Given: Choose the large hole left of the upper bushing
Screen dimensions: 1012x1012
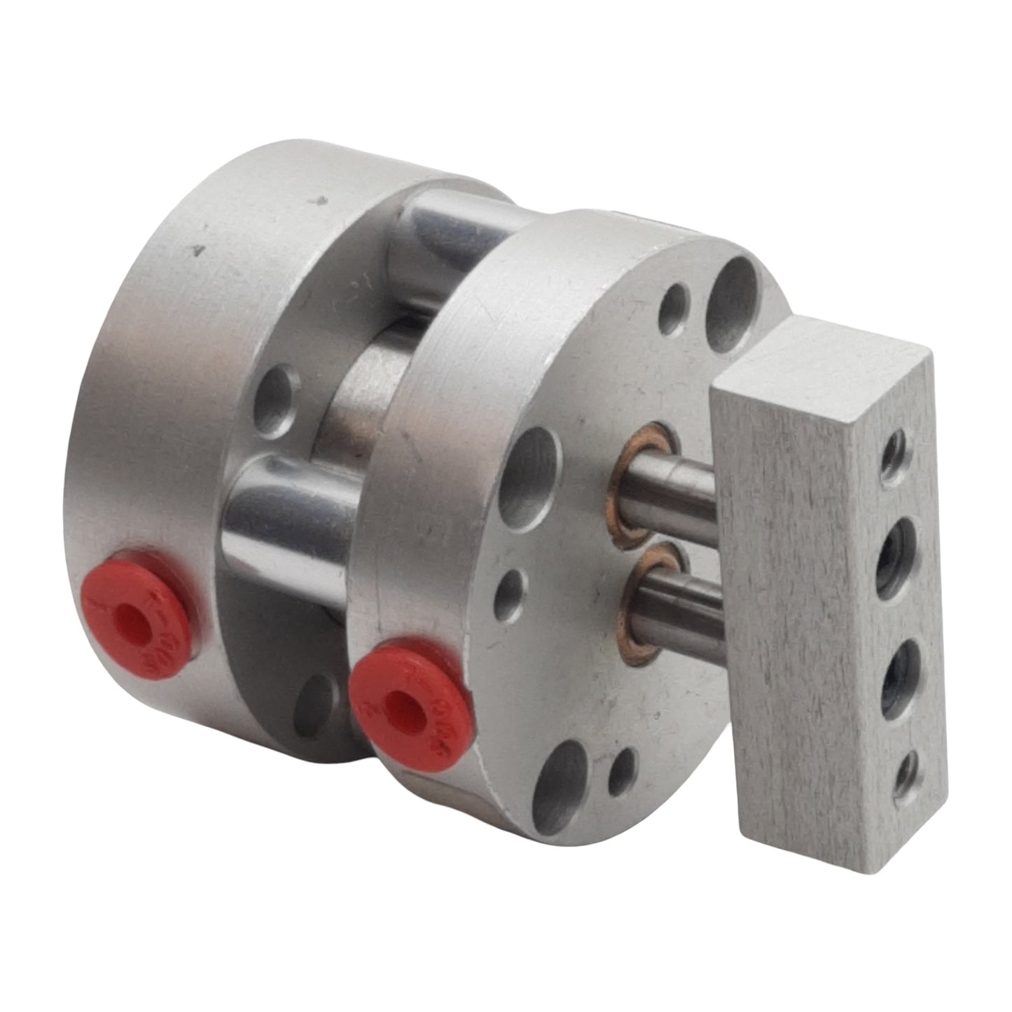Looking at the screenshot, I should tap(536, 476).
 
